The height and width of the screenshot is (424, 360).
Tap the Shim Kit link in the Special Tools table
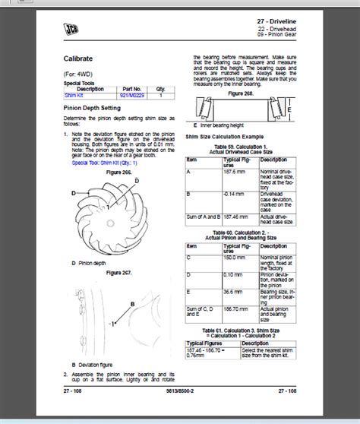click(74, 95)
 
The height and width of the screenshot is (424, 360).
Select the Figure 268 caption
click(243, 93)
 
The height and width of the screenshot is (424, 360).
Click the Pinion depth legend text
click(93, 262)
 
